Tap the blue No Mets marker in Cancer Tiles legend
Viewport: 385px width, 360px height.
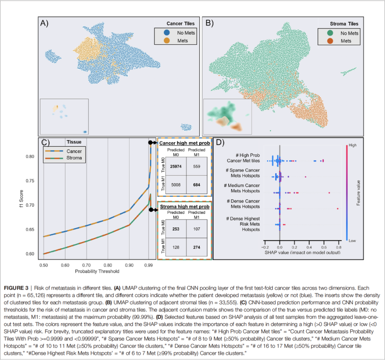166,33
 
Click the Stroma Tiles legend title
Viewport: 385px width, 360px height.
344,24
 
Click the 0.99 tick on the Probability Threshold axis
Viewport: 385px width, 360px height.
151,265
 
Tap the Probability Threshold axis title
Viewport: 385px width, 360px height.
97,272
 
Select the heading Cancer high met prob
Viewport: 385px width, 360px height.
184,143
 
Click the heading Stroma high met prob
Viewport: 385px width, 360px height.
184,206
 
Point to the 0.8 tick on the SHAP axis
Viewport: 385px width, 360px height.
338,247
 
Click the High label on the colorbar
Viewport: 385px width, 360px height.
352,145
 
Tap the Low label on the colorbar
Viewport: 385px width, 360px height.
352,241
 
